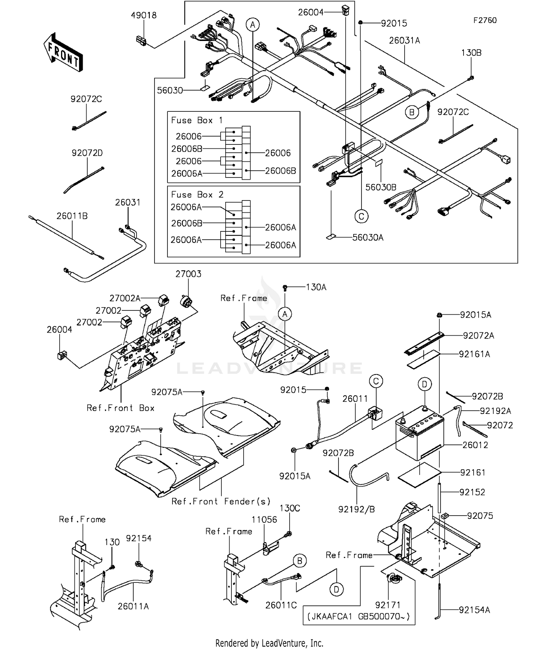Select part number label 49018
click(144, 15)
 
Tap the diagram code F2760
click(485, 20)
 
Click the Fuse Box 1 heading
click(197, 120)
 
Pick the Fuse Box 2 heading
click(197, 195)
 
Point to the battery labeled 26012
click(420, 435)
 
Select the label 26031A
click(404, 41)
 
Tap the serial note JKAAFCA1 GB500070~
click(359, 617)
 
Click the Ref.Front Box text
click(120, 408)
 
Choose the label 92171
click(388, 605)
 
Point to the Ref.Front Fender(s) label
click(221, 502)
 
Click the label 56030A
click(368, 238)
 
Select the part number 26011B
click(72, 216)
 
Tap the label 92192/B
click(356, 509)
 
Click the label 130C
click(290, 508)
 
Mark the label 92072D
click(87, 153)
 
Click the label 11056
click(264, 520)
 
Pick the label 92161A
click(474, 354)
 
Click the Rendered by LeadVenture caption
click(269, 643)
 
